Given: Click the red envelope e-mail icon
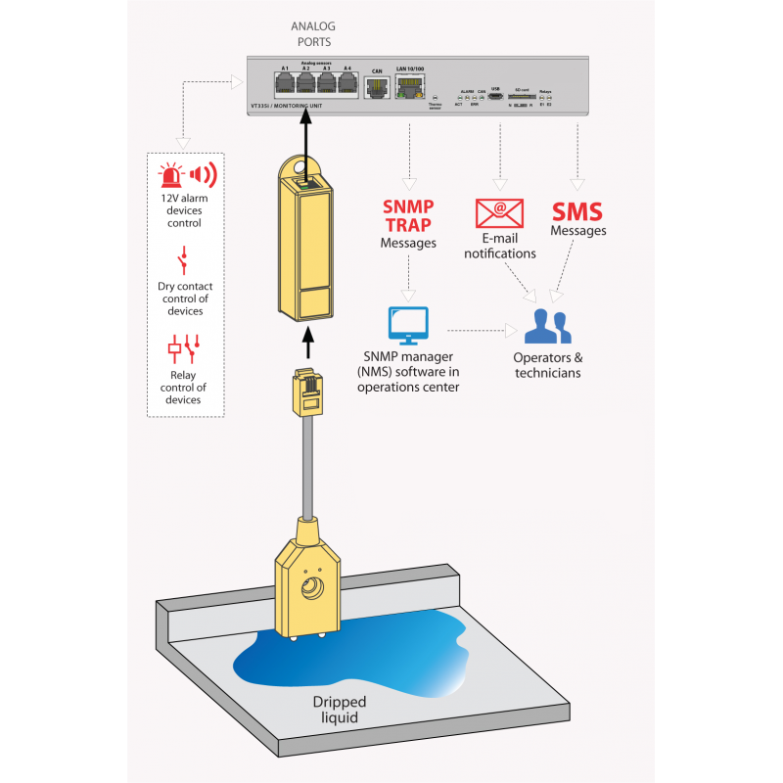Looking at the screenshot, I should click(499, 212).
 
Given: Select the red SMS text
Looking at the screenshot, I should click(577, 211).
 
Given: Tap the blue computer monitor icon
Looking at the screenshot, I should click(408, 325).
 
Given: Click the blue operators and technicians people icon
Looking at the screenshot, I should click(547, 326).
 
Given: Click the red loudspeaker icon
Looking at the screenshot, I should click(203, 176).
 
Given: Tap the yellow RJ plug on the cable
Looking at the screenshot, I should click(309, 392).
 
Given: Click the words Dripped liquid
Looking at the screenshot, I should click(339, 710).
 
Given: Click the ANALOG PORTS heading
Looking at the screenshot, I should click(311, 34).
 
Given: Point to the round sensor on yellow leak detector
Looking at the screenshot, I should click(312, 590).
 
